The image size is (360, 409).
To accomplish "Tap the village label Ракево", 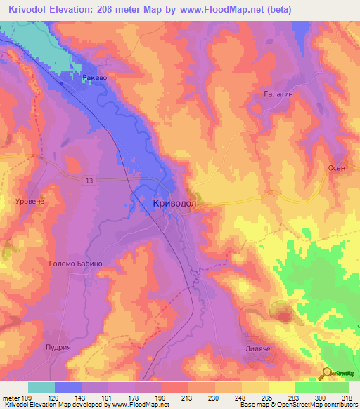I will [x=95, y=78].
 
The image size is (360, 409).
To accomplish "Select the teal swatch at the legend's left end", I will [x=41, y=387].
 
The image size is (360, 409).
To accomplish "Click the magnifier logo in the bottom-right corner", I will [x=327, y=373].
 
